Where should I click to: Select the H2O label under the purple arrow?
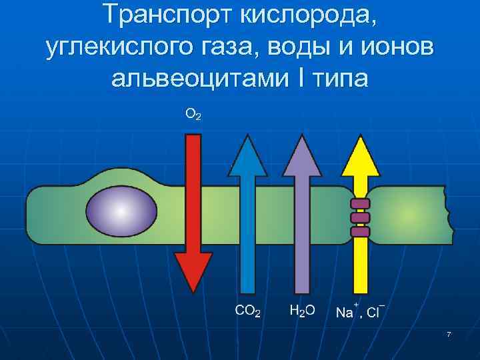point(302,311)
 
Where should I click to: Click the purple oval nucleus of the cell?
point(122,211)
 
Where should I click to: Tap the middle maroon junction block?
point(360,218)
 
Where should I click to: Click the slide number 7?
point(449,334)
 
